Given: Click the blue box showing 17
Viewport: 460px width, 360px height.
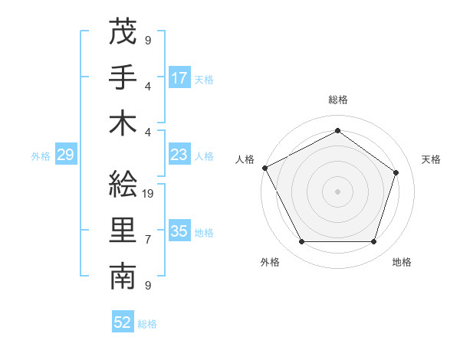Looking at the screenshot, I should click(x=179, y=77).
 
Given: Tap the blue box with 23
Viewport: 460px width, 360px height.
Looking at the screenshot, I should click(x=179, y=155).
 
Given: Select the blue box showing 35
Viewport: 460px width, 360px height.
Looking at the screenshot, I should click(x=179, y=231).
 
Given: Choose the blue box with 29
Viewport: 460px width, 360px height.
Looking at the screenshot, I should click(x=65, y=155).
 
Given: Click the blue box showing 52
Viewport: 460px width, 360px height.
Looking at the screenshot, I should click(x=123, y=322).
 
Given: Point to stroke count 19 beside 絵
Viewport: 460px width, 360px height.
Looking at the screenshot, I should click(x=149, y=194).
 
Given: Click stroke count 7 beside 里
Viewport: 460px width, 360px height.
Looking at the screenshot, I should click(x=148, y=240).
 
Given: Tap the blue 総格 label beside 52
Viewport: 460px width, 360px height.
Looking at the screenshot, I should click(x=148, y=324).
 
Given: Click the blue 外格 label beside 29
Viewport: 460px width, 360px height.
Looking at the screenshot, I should click(x=41, y=156).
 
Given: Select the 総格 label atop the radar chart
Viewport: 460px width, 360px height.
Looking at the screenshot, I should click(x=337, y=100).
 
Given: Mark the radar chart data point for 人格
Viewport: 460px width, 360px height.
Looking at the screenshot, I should click(x=264, y=168).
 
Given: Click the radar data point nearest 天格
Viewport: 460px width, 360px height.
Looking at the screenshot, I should click(x=396, y=172).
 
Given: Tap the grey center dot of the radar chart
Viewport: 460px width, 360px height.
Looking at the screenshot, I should click(x=337, y=191).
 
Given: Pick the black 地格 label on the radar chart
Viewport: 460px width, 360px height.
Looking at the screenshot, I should click(x=402, y=262).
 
